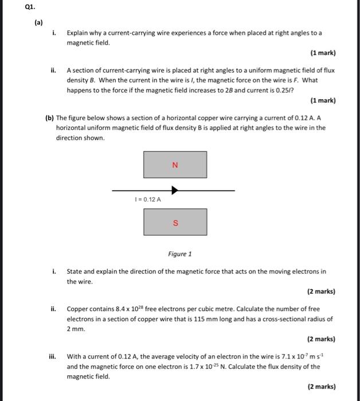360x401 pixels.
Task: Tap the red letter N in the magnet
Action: (175, 165)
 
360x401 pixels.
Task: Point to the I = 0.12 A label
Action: (147, 199)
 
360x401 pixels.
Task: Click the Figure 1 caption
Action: (180, 254)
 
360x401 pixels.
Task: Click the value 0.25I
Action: (298, 91)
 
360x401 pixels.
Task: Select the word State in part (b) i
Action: (76, 272)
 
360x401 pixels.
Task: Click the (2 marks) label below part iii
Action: (321, 386)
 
